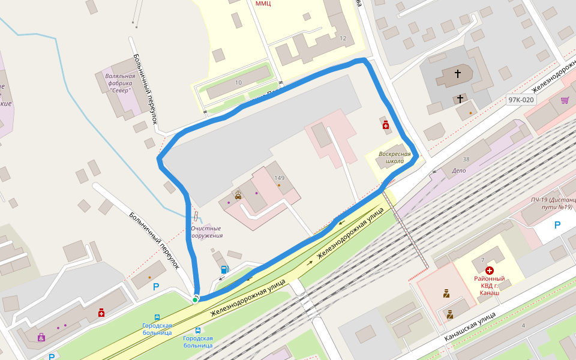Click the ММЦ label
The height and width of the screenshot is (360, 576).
click(x=263, y=4)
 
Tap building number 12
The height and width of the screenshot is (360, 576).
click(x=343, y=38)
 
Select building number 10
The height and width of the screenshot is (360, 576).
click(x=238, y=82)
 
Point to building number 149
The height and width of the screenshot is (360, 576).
click(x=279, y=178)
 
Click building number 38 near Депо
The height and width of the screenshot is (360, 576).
click(x=466, y=160)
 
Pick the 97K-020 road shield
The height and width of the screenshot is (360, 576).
click(x=520, y=100)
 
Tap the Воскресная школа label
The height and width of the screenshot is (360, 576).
click(x=395, y=158)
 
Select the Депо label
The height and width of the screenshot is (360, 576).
click(x=458, y=170)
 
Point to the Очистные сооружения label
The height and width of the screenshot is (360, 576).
click(x=206, y=232)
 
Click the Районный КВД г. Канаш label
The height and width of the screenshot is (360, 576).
click(x=489, y=286)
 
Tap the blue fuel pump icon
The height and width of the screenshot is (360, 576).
click(x=224, y=269)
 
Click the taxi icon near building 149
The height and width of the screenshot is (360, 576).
click(x=238, y=194)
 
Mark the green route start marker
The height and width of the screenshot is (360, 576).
click(x=195, y=299)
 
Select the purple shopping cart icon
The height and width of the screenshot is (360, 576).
click(x=564, y=100)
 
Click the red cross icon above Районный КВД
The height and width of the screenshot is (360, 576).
click(x=490, y=271)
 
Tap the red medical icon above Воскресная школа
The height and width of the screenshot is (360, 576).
click(x=385, y=125)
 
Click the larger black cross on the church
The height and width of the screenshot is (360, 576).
click(x=458, y=74)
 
